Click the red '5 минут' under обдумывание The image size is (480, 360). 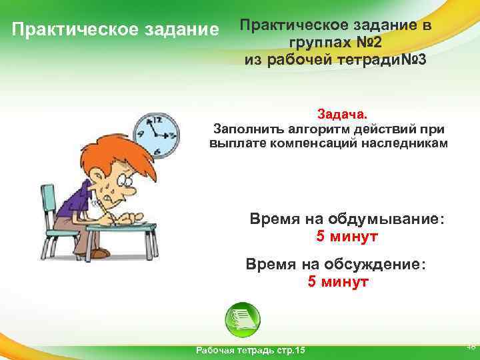point(347,236)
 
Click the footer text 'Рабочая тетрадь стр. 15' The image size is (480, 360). point(249,351)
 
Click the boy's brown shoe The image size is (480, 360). point(98,253)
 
